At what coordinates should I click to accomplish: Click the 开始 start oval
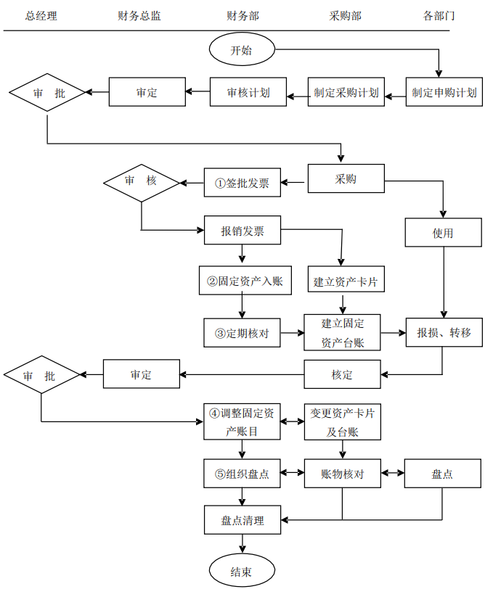[242, 50]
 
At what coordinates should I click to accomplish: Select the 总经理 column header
[41, 16]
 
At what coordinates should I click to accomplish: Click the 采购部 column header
[345, 16]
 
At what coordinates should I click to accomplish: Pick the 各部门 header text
[439, 16]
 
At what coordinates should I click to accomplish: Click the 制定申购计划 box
[444, 92]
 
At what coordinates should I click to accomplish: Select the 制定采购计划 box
[346, 93]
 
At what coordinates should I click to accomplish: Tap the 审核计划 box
[248, 93]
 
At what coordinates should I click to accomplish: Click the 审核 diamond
[141, 181]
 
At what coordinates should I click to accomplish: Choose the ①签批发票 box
[242, 184]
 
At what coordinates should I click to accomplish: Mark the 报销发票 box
[242, 232]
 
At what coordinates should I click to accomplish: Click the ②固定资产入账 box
[245, 281]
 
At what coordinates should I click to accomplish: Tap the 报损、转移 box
[444, 333]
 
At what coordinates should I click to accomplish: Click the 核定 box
[342, 375]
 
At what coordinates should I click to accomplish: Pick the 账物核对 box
[342, 474]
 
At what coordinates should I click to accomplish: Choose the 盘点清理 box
[242, 520]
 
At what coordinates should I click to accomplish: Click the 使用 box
[443, 233]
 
